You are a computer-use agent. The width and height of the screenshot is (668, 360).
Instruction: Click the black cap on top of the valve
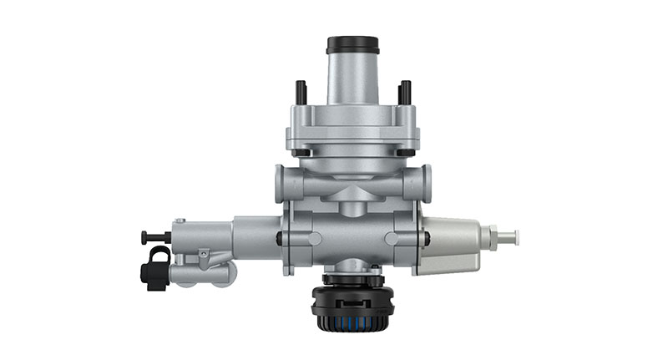pos(352,44)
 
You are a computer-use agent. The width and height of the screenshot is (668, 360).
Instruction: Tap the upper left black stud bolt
pos(298,91)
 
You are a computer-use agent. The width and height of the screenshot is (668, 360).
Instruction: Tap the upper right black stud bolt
pos(405,91)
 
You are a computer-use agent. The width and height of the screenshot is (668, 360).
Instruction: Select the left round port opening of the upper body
pos(280,182)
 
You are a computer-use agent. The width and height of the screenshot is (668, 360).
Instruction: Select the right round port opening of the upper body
pos(427,181)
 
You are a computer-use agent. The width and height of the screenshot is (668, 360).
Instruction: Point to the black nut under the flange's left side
pos(301,153)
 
